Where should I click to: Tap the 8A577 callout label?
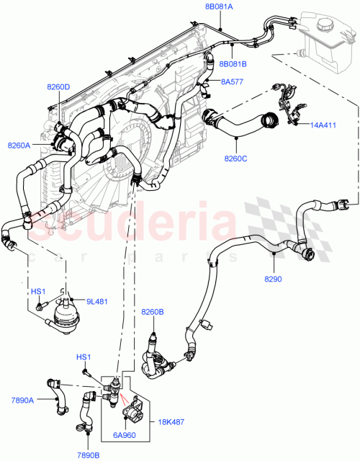click(x=232, y=82)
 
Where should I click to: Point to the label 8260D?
click(x=58, y=87)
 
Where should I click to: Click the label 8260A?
click(x=19, y=146)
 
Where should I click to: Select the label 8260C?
click(x=236, y=158)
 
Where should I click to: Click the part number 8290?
click(x=274, y=279)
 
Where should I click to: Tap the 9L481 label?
click(x=96, y=301)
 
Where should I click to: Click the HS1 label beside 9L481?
click(x=37, y=292)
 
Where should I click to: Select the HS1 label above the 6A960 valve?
click(x=84, y=358)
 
